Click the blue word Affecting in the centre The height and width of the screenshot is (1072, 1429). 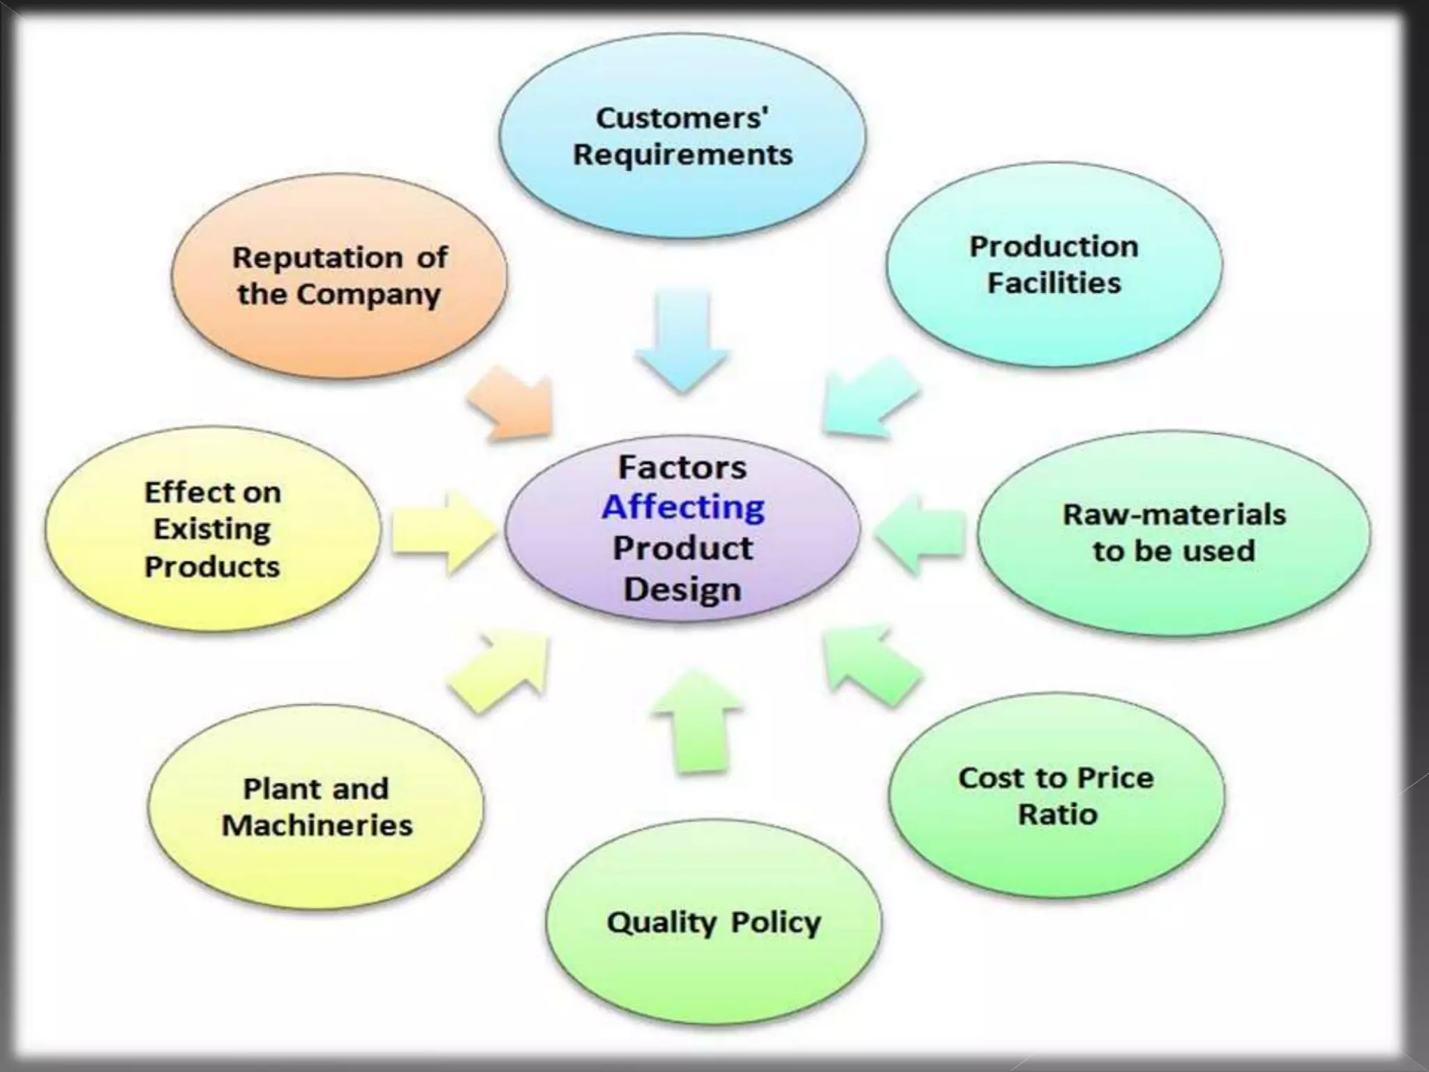(682, 507)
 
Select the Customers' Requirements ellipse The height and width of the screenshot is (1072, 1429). (682, 137)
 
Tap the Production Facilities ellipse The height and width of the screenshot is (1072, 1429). (1054, 265)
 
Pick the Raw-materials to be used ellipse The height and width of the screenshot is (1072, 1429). (1174, 533)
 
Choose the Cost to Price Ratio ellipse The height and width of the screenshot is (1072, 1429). (1056, 796)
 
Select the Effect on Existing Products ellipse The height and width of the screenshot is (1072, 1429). (213, 530)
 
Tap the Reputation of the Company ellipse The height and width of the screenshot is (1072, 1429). (339, 276)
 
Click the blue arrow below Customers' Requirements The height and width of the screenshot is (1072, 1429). (682, 342)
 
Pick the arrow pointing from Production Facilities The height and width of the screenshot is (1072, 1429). (869, 398)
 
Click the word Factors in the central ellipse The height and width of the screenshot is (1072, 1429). (682, 467)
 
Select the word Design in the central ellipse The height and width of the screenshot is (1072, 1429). (682, 589)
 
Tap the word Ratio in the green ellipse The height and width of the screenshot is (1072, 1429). (1058, 814)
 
